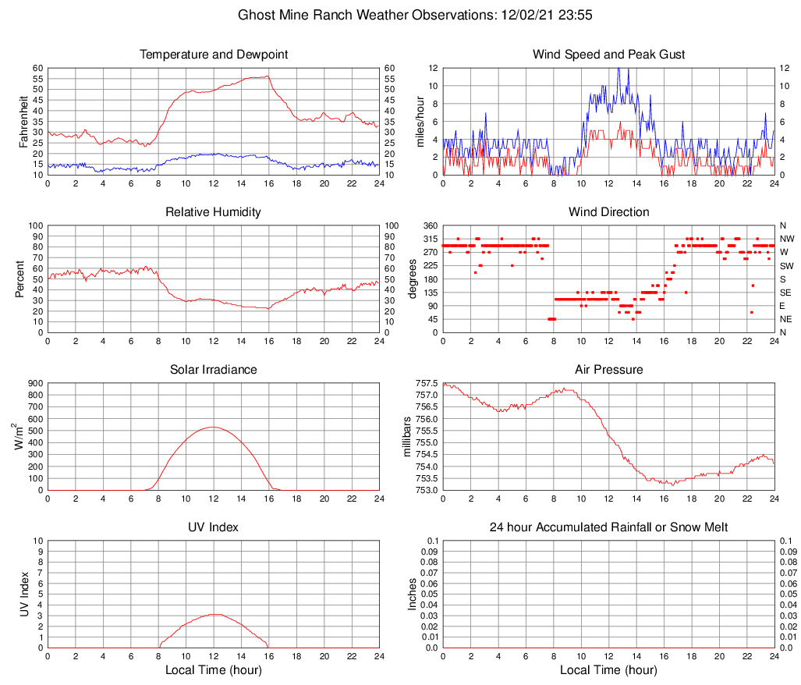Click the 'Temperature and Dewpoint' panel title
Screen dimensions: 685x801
(x=214, y=55)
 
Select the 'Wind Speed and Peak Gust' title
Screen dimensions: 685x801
(x=608, y=55)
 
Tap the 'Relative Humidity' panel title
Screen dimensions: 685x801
(x=214, y=212)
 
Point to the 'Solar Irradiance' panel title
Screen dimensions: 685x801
(x=214, y=369)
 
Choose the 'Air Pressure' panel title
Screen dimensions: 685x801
(x=608, y=369)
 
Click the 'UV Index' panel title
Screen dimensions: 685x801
(x=214, y=527)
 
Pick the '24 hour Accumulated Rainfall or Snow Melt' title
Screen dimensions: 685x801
(x=608, y=527)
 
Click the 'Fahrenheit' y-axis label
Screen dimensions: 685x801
(x=23, y=121)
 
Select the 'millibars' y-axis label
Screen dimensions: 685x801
(x=406, y=437)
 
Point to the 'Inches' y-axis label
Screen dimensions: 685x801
(x=413, y=594)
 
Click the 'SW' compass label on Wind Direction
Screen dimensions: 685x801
(x=787, y=266)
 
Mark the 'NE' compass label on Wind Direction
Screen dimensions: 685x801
(x=787, y=319)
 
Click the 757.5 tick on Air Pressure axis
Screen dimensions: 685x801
(x=425, y=383)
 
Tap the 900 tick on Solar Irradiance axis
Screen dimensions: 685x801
(x=35, y=383)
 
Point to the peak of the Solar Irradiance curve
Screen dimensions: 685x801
(x=213, y=427)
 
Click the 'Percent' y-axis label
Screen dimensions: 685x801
(x=20, y=279)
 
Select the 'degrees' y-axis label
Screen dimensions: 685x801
(x=413, y=279)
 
